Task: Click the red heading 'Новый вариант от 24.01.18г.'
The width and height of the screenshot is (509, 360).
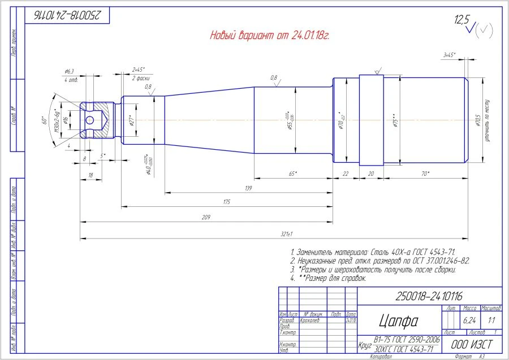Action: pos(270,36)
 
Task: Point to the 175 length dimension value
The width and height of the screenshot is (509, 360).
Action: pos(227,201)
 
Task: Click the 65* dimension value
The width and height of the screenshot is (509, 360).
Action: pos(292,174)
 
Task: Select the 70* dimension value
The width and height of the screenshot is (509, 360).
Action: pos(425,174)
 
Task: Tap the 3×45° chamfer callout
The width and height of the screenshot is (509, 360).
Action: pos(450,55)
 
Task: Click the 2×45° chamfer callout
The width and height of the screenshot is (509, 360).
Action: pos(138,69)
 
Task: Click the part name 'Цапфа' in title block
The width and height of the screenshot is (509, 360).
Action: pos(398,321)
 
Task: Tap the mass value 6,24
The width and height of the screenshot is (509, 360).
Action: pos(469,320)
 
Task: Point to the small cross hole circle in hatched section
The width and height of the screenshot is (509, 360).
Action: pos(89,120)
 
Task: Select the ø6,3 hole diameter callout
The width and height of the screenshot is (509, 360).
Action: pos(70,72)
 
